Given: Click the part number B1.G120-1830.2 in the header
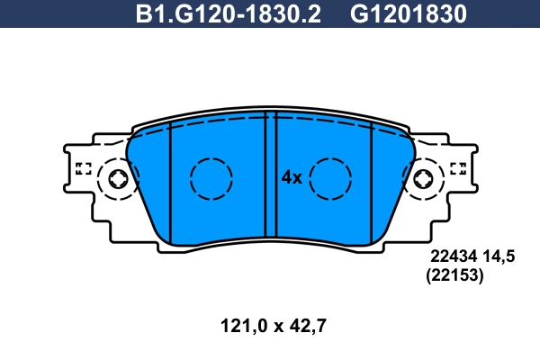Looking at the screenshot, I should tap(229, 15).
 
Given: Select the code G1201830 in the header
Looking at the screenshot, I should tap(407, 15).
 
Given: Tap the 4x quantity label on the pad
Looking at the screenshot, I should tap(291, 177).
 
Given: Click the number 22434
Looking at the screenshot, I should tap(454, 257).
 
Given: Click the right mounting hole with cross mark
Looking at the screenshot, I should tap(421, 178).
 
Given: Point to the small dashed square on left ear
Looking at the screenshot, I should tap(84, 167).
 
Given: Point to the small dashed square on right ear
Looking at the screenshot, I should tap(456, 167).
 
